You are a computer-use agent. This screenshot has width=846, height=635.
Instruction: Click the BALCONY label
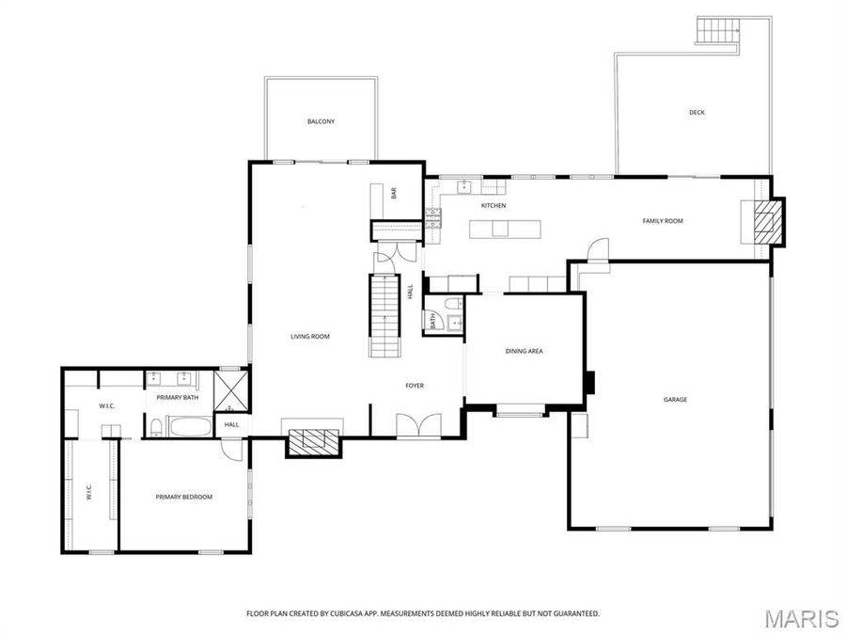pos(321,121)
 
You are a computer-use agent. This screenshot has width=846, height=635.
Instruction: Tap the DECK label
pos(697,112)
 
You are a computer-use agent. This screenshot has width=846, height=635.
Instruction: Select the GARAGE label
pos(675,399)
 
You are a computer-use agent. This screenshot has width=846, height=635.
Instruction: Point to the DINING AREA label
pos(525,351)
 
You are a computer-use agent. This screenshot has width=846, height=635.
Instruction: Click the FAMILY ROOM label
pos(663,221)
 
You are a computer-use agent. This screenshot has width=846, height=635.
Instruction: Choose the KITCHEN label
pos(493,205)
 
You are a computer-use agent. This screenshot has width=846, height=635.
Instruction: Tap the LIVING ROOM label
pos(309,336)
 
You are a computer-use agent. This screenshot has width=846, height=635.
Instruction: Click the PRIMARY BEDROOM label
pos(184,497)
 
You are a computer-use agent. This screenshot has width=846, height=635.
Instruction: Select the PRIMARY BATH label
pos(178,398)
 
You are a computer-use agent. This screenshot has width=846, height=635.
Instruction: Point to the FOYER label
pos(415,385)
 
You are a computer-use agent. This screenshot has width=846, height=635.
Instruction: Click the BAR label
pos(394,194)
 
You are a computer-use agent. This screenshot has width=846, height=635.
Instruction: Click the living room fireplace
pos(313,443)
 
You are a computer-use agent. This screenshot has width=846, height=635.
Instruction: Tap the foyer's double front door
pos(415,425)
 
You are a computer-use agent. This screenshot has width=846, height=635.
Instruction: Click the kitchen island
pos(506,229)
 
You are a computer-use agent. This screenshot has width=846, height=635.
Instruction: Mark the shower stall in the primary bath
pos(229,393)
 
